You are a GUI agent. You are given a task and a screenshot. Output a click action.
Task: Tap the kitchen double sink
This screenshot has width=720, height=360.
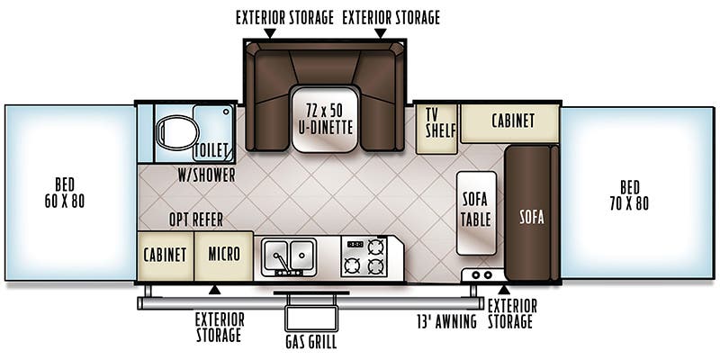tap(288, 256)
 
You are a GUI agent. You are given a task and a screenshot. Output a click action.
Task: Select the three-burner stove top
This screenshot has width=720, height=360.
tap(365, 256)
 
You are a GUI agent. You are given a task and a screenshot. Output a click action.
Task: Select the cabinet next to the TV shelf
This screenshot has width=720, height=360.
tap(511, 121)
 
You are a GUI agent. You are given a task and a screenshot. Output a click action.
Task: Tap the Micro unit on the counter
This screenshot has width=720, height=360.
tap(223, 255)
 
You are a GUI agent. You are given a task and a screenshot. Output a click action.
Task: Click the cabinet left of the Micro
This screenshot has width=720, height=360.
tap(166, 255)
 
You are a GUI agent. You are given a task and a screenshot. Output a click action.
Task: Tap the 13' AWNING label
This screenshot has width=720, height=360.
tap(446, 321)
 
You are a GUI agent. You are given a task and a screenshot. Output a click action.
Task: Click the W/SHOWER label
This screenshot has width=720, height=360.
tap(206, 175)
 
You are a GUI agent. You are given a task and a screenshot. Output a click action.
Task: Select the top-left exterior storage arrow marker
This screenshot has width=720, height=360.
tap(268, 33)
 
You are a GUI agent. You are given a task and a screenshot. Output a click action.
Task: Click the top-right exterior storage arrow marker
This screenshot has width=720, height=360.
tap(380, 33)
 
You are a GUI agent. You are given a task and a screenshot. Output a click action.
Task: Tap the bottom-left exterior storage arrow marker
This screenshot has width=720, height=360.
tap(214, 290)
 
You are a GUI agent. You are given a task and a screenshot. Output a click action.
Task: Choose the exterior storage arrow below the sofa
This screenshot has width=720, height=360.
tap(504, 290)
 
